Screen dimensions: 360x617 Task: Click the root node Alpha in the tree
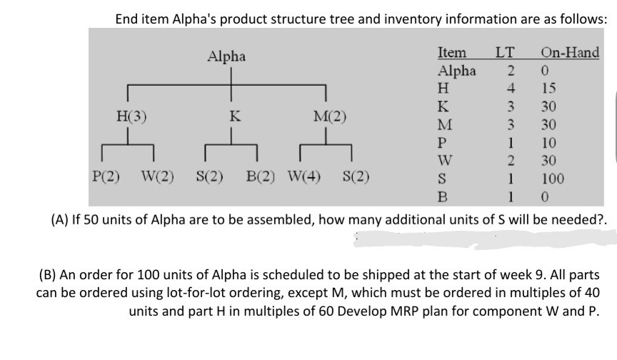coord(226,56)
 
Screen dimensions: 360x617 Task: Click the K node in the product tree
coord(231,116)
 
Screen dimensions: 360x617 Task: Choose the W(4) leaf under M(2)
coord(304,175)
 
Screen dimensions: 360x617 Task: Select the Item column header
coord(451,53)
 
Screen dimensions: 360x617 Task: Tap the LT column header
coord(505,53)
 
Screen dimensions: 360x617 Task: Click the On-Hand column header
coord(570,53)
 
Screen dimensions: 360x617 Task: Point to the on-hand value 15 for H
coord(548,89)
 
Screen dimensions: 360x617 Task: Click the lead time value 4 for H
coord(510,89)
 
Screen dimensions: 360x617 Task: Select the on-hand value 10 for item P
coord(548,141)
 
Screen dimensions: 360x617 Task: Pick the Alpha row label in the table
coord(456,71)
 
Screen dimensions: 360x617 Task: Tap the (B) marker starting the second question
coord(49,274)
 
